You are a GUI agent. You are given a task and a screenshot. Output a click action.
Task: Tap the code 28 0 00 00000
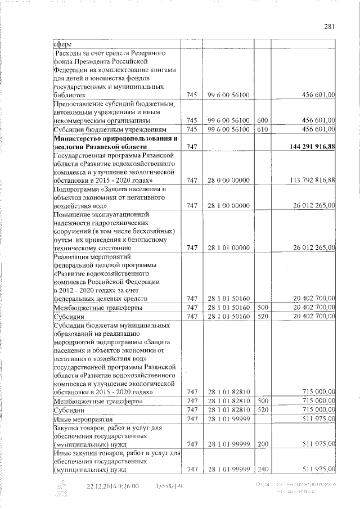coord(228,180)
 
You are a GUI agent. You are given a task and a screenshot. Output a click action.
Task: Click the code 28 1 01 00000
coord(228,247)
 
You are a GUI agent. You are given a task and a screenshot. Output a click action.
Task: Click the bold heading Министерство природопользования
coord(115,138)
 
